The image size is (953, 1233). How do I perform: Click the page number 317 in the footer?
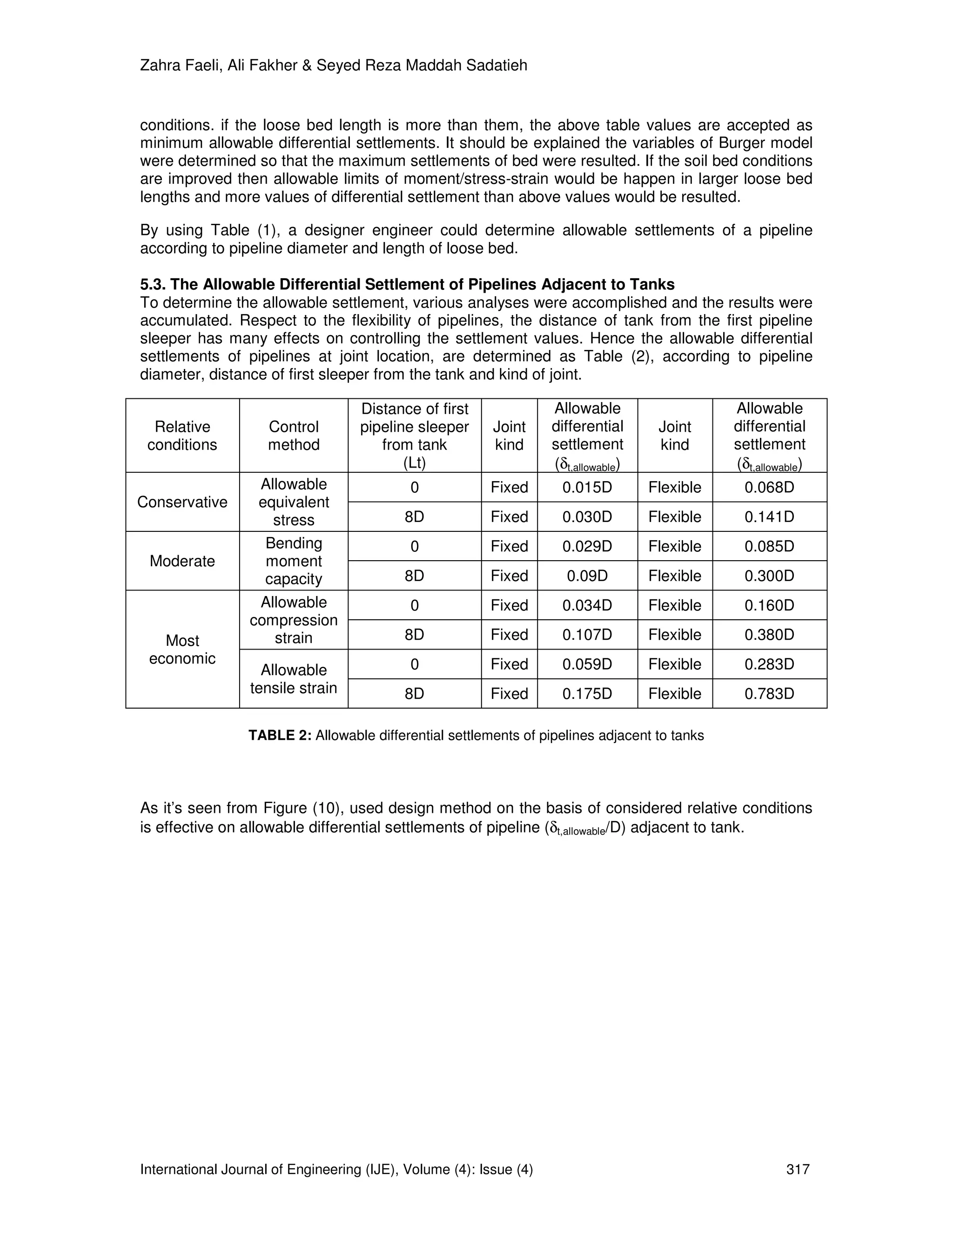[798, 1169]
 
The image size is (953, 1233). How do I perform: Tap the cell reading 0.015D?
[587, 487]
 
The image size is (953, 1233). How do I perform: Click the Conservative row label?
[182, 502]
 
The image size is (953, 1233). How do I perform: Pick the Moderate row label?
[182, 561]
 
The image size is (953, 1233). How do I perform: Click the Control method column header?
[294, 436]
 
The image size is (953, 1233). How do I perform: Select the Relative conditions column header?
[182, 436]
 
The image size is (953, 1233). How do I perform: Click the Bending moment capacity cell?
[294, 561]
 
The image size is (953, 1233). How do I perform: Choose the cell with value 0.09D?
[587, 576]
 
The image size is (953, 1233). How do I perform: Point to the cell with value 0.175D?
[587, 693]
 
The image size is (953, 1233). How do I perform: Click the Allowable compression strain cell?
[294, 620]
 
